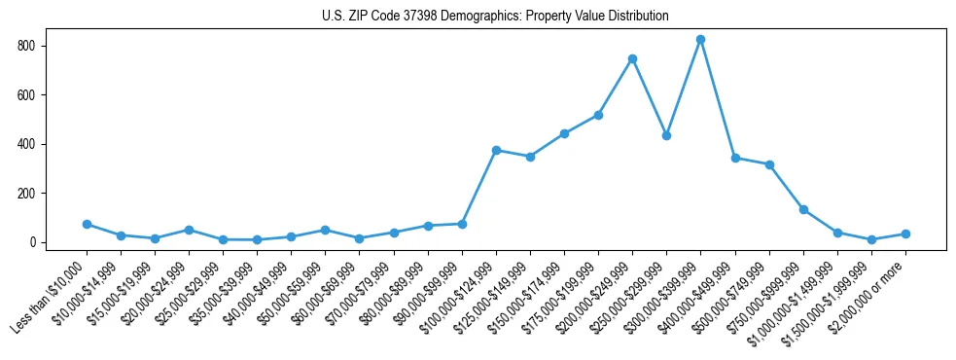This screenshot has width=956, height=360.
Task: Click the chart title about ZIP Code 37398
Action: pos(495,17)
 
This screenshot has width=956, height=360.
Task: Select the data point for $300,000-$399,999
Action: pos(700,40)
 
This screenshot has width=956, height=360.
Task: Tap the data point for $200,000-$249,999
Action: pos(632,58)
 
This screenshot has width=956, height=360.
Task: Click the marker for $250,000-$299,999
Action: pos(666,135)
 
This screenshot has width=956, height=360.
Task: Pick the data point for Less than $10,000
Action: pos(87,224)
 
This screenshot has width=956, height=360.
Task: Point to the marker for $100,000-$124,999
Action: pos(496,150)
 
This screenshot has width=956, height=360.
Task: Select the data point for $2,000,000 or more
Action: pos(905,234)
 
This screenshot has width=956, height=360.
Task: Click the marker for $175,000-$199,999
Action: pos(598,115)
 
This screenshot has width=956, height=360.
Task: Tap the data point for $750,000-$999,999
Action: pos(803,209)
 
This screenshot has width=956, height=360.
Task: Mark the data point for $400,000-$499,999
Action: pos(735,158)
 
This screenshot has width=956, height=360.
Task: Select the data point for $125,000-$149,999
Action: pos(530,157)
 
